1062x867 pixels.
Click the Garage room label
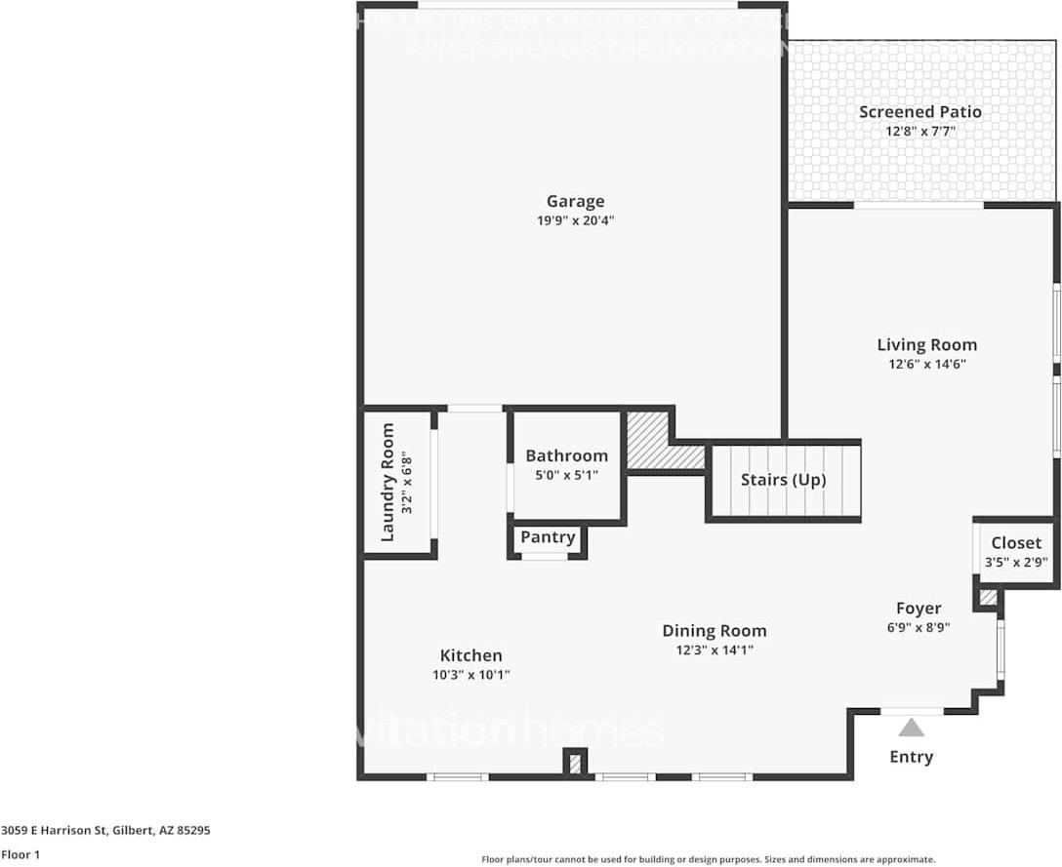pos(575,202)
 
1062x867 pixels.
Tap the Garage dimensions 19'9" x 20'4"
pos(575,220)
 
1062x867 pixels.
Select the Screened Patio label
pos(919,112)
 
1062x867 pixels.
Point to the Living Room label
pos(926,344)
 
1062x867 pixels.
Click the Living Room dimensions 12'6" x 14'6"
pos(926,364)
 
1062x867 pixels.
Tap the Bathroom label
pos(566,455)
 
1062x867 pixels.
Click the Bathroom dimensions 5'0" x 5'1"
pos(566,475)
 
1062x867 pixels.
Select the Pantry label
pos(548,537)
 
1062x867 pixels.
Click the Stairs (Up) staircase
pos(783,481)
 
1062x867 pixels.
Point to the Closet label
pos(1016,543)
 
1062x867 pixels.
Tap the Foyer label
pos(919,609)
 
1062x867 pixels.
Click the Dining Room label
pos(715,631)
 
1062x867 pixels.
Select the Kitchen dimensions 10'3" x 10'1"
pos(471,675)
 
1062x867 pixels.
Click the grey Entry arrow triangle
pos(912,728)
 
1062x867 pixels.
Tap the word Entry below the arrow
pos(912,757)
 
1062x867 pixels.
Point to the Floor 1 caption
pos(20,855)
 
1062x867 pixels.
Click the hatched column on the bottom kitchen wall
pos(575,763)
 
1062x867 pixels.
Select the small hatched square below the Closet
pos(988,597)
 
